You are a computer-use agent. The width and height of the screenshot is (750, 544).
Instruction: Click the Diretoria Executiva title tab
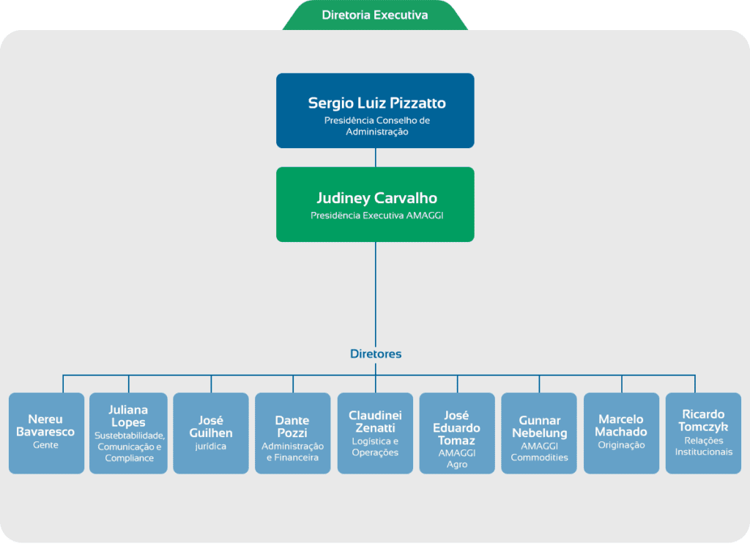[x=375, y=15]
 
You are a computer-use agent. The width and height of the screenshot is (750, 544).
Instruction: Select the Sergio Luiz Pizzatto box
[x=375, y=111]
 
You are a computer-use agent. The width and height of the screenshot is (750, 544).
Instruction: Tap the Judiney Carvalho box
[x=375, y=205]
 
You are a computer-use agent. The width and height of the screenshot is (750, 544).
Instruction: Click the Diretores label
[x=376, y=354]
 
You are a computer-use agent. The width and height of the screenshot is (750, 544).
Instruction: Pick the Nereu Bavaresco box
[x=46, y=433]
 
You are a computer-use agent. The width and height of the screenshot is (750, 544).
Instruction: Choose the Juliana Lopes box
[x=128, y=433]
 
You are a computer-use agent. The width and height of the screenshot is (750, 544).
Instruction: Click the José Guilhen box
[x=211, y=433]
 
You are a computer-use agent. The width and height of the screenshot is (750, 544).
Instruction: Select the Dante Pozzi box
[x=293, y=433]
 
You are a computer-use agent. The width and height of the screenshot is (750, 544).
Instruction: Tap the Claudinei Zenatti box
[x=375, y=433]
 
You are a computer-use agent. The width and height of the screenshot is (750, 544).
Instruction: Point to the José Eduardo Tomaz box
[x=457, y=433]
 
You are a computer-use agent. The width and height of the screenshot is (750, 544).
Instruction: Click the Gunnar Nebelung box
[x=539, y=433]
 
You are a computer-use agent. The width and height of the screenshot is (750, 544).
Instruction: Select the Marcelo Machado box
[x=621, y=433]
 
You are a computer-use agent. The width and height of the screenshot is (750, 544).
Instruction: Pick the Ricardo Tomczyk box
[x=703, y=433]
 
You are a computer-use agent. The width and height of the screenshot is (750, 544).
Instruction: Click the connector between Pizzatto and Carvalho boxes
[x=376, y=158]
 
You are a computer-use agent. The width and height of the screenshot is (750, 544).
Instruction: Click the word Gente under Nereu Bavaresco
[x=45, y=445]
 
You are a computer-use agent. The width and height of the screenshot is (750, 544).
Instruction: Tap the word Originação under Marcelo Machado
[x=621, y=445]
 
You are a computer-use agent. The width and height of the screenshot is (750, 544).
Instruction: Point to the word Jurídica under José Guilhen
[x=210, y=446]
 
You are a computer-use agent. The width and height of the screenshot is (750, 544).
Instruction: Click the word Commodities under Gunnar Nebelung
[x=540, y=457]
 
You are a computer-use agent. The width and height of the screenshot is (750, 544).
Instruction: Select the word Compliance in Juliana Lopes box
[x=129, y=458]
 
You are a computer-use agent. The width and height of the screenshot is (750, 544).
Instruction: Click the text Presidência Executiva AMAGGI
[x=377, y=216]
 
